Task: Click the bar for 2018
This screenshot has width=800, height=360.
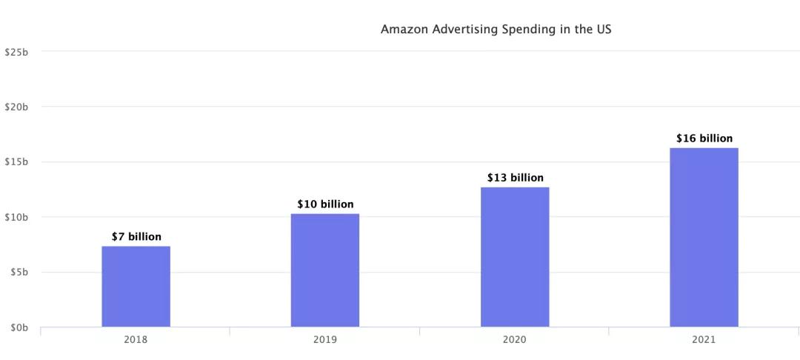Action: click(136, 287)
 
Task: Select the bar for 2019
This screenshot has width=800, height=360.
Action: click(325, 270)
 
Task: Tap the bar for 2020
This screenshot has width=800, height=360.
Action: click(515, 257)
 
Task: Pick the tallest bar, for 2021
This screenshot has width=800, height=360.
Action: click(704, 238)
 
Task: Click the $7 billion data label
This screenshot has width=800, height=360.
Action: click(136, 237)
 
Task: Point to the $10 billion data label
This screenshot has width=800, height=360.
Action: click(325, 204)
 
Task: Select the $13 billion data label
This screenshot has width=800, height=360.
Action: click(515, 178)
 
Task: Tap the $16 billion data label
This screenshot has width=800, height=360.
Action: click(704, 139)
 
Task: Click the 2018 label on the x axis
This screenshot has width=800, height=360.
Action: click(136, 340)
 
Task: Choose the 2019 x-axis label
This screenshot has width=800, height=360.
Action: click(325, 340)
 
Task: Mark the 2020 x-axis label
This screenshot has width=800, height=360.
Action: click(515, 340)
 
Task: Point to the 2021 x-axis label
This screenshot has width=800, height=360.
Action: click(704, 340)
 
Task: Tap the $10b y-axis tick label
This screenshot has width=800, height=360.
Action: click(16, 217)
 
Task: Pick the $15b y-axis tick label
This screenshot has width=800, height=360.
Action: click(16, 161)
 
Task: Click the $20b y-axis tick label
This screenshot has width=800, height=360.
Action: click(16, 107)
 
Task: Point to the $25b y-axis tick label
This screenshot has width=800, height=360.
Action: click(16, 52)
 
